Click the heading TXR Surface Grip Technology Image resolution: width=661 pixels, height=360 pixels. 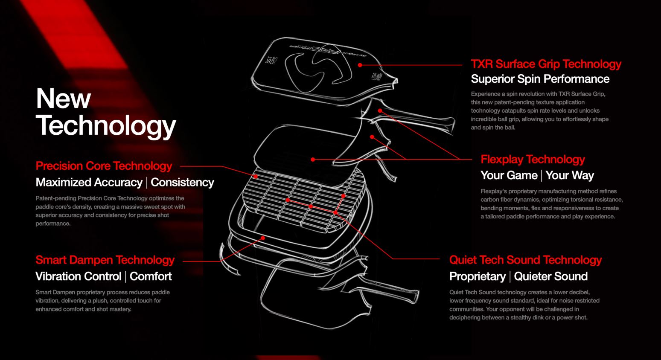[x=546, y=64]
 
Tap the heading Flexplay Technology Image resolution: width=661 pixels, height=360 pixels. [x=533, y=160]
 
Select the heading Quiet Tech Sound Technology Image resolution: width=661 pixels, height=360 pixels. [x=525, y=260]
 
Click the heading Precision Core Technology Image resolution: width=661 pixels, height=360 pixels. [x=104, y=166]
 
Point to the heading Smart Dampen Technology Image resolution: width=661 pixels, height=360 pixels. [x=105, y=260]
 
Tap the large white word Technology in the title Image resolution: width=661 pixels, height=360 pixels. [x=106, y=125]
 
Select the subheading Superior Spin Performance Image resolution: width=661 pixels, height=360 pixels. [x=540, y=79]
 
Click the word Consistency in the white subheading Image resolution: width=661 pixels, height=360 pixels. [x=182, y=183]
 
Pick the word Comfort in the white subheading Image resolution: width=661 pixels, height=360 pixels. [x=151, y=276]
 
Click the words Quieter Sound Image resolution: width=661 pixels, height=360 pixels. [x=550, y=276]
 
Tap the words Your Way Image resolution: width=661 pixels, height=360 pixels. [x=570, y=175]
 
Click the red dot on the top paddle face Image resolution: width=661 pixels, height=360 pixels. [x=360, y=65]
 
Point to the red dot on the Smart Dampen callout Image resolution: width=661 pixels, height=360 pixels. [x=262, y=238]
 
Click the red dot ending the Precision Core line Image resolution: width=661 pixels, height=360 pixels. [x=256, y=177]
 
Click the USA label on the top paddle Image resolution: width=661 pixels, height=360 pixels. [x=376, y=77]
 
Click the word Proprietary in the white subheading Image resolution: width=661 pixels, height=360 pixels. [x=478, y=276]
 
